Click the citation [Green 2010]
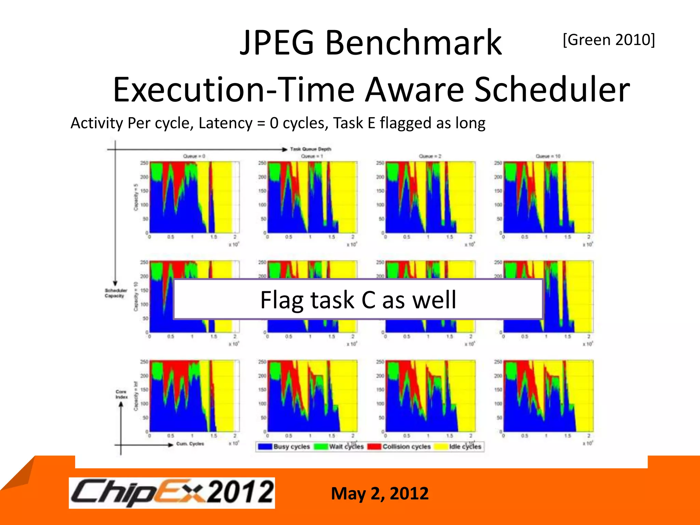pos(609,40)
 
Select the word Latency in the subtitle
pos(225,123)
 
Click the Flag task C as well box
pos(358,299)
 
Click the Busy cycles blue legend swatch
pos(265,446)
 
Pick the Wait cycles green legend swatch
pos(321,446)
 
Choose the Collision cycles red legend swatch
pos(374,446)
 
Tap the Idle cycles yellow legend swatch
pos(440,446)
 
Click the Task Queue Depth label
pos(310,149)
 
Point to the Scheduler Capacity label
pos(116,293)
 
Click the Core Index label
pos(121,394)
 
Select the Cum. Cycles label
pos(190,444)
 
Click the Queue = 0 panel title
pos(194,156)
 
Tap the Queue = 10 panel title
pos(548,156)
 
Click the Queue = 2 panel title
pos(430,156)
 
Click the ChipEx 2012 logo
pos(172,493)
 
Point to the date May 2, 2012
pos(379,494)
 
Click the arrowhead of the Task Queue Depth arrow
pos(284,149)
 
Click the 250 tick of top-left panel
pos(144,163)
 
